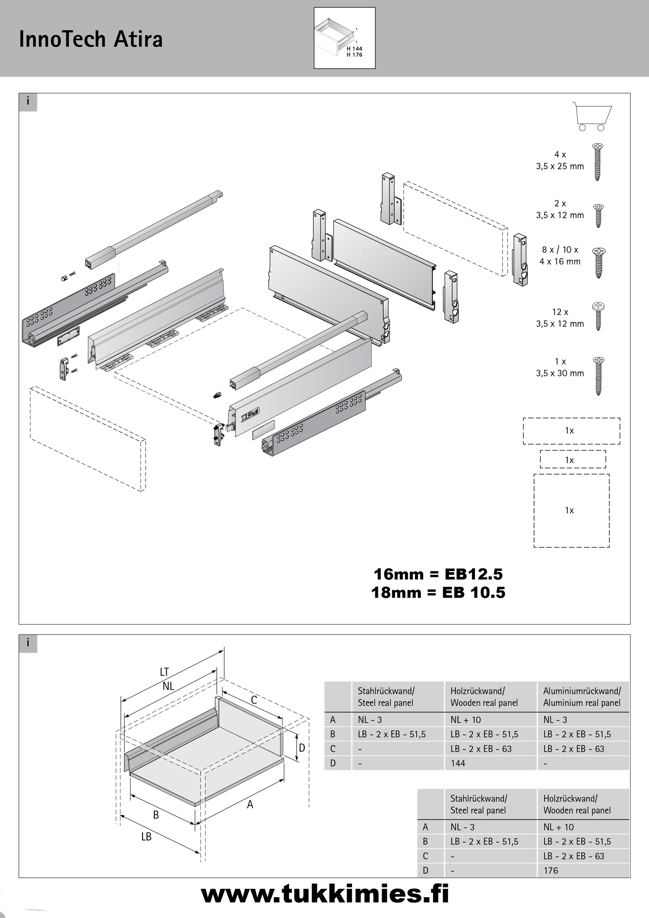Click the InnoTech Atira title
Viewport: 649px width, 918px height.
[x=91, y=39]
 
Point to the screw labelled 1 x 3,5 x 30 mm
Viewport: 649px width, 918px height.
[x=598, y=376]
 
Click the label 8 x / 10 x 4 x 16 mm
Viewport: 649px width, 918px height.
[x=560, y=256]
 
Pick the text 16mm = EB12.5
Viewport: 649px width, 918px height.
[x=438, y=574]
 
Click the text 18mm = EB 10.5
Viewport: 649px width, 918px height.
[x=438, y=593]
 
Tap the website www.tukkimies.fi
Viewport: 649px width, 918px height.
[x=325, y=894]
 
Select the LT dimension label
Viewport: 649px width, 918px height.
[x=164, y=672]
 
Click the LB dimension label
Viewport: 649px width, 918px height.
[x=146, y=836]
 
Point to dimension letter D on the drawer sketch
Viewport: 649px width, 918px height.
[x=301, y=748]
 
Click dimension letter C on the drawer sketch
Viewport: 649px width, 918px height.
[x=254, y=700]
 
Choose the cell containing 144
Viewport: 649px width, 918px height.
[x=458, y=763]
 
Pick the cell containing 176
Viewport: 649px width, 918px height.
[x=551, y=870]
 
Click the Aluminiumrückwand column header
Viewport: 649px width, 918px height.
[x=582, y=696]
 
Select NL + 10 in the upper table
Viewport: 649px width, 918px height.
[x=466, y=720]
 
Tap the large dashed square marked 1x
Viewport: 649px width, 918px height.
[x=571, y=511]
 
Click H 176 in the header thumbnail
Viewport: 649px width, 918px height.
[x=354, y=55]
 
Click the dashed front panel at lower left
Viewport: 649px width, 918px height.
[x=87, y=438]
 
